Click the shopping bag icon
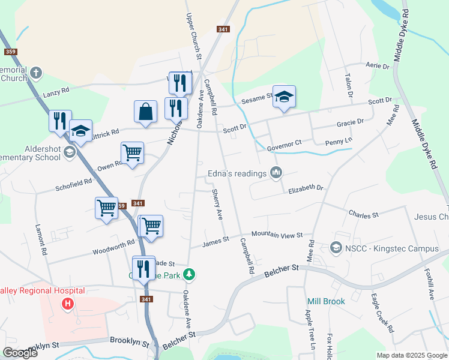coord(145,111)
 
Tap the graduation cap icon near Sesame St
coord(285,97)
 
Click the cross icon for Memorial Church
coord(36,73)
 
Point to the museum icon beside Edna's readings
coord(276,173)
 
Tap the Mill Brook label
coord(326,301)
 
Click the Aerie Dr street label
coord(378,65)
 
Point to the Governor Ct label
coord(283,146)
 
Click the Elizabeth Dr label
coord(306,188)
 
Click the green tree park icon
coord(190,275)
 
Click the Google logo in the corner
coord(20,353)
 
